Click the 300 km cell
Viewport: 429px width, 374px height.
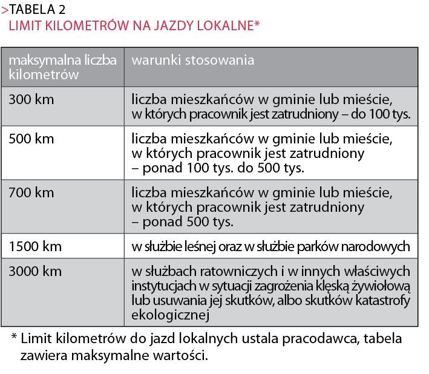(x=31, y=99)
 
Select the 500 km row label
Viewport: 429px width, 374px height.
(x=31, y=139)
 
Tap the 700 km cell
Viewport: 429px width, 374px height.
(x=31, y=193)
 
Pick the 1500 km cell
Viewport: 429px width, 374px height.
(x=35, y=247)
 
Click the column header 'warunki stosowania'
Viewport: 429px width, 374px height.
(x=193, y=61)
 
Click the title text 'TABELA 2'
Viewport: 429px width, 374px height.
(x=38, y=10)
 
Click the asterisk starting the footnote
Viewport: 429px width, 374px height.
(x=13, y=337)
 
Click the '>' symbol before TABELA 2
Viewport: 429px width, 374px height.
(x=5, y=10)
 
